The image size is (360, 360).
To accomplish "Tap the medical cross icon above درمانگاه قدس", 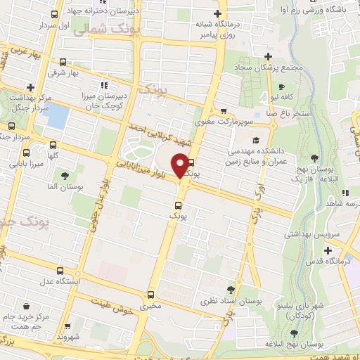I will point(328,250).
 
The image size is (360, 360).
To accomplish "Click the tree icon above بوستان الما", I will point(65,176).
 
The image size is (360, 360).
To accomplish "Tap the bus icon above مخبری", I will point(149,295).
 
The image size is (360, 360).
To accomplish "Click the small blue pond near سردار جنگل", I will point(58,115).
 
